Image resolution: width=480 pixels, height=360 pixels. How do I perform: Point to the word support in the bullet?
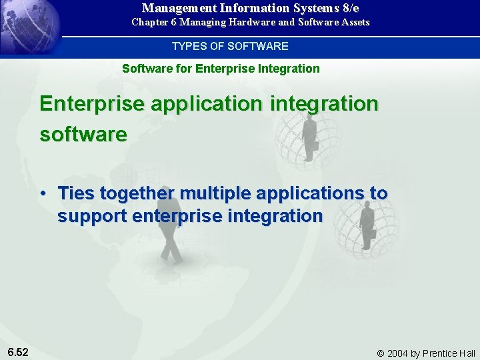click(93, 217)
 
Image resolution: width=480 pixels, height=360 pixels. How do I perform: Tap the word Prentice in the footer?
click(439, 353)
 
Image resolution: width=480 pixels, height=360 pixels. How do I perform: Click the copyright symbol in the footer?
click(381, 353)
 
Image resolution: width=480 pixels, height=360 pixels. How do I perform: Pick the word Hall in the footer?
click(467, 353)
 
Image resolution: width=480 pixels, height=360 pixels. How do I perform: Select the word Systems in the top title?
click(310, 8)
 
